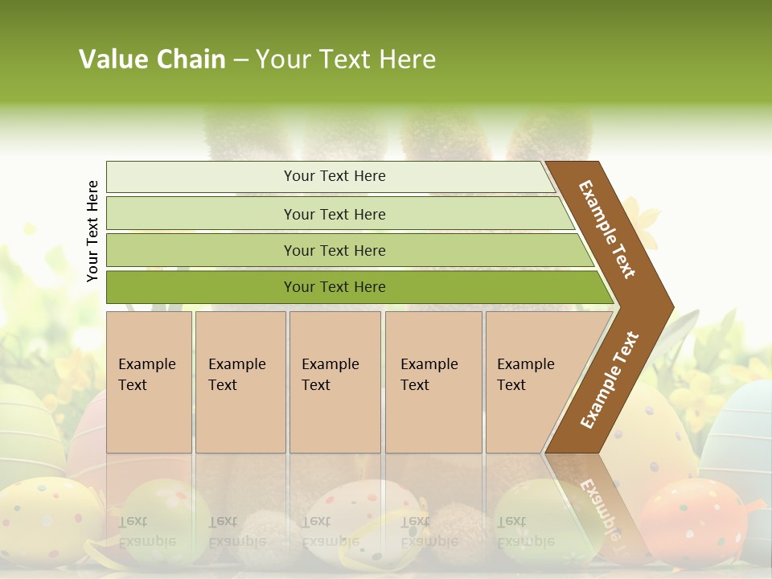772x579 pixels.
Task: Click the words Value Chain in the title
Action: click(152, 60)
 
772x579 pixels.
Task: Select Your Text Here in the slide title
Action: click(346, 60)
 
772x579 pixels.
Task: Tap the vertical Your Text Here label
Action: click(93, 231)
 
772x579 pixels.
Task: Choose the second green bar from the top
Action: click(335, 214)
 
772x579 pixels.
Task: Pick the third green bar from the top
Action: click(335, 250)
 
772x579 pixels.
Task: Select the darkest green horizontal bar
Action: click(335, 287)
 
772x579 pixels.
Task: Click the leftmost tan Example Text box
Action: click(149, 382)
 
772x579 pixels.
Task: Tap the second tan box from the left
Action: click(240, 382)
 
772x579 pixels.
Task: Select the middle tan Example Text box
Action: click(335, 382)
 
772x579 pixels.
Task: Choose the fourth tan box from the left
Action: click(433, 382)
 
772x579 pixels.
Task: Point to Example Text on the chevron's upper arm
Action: click(607, 229)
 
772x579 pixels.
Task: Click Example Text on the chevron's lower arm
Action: click(610, 380)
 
